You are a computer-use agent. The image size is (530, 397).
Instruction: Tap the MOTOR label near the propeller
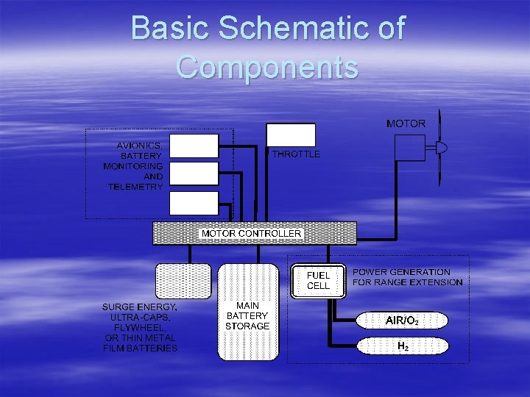[406, 124]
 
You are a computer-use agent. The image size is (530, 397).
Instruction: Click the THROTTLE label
[296, 154]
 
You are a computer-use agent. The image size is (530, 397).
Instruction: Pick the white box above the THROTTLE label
[290, 135]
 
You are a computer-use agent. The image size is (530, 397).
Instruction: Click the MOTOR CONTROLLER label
[252, 233]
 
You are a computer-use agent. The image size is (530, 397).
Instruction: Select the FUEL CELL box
[318, 280]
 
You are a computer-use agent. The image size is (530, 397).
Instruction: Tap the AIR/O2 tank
[402, 321]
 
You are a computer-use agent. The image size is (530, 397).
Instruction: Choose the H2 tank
[403, 346]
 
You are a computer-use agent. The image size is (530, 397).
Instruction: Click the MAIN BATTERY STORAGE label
[247, 315]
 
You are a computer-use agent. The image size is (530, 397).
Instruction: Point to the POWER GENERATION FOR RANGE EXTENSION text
[407, 277]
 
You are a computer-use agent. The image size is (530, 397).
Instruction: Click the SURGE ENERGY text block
[140, 326]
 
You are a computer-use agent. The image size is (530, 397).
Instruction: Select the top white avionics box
[194, 146]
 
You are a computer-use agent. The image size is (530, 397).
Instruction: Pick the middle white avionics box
[194, 174]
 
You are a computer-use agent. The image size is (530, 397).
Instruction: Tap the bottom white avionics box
[194, 203]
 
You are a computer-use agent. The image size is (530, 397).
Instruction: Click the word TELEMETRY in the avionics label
[135, 187]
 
